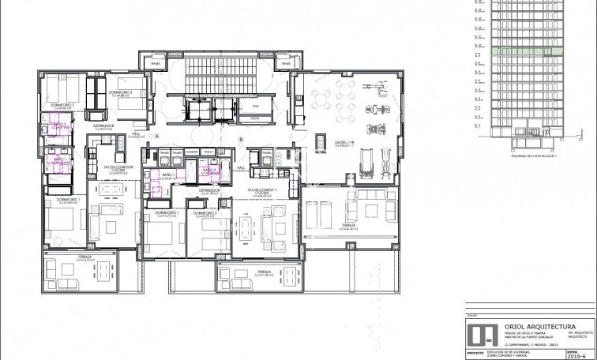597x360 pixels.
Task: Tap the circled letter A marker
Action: [158, 136]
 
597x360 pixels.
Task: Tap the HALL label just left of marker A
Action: [135, 135]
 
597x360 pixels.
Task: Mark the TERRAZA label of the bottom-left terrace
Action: [64, 257]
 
